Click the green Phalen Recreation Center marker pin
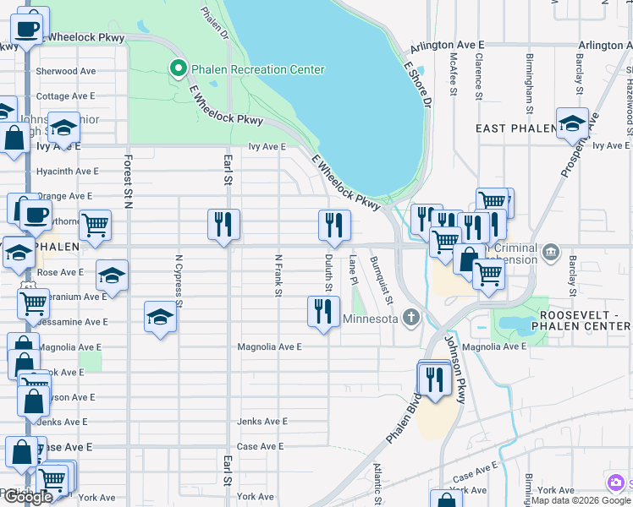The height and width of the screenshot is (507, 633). pos(179,68)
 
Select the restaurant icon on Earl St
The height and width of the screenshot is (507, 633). pos(224,225)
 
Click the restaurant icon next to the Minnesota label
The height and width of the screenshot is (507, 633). pos(323,312)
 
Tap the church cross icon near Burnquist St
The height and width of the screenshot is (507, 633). pos(411,319)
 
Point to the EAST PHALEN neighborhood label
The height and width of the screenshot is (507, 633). pos(515,128)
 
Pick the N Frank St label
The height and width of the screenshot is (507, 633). pos(278,275)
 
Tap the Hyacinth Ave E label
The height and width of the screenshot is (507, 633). pos(67,171)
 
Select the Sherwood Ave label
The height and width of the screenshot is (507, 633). pos(66,72)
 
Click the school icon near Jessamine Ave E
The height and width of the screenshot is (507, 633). pos(160,317)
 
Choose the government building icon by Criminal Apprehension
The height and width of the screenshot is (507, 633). pos(551,251)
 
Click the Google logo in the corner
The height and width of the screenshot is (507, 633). pos(28,497)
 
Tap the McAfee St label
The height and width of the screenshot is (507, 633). pos(454,75)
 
